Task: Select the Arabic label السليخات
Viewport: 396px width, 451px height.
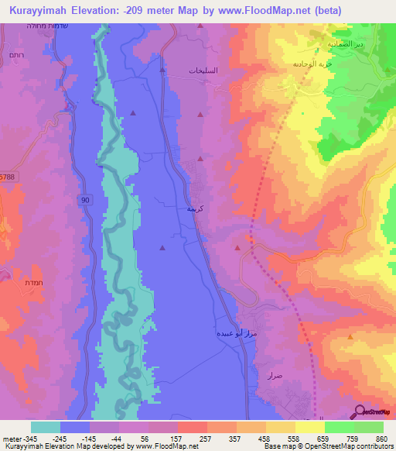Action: pos(203,71)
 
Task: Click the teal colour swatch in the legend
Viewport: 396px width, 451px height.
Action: pos(46,427)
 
